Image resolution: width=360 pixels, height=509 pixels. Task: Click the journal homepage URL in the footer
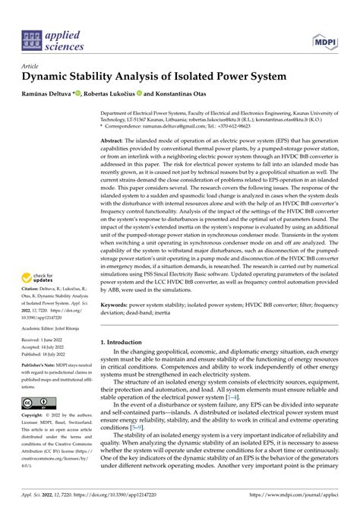(x=304, y=494)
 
